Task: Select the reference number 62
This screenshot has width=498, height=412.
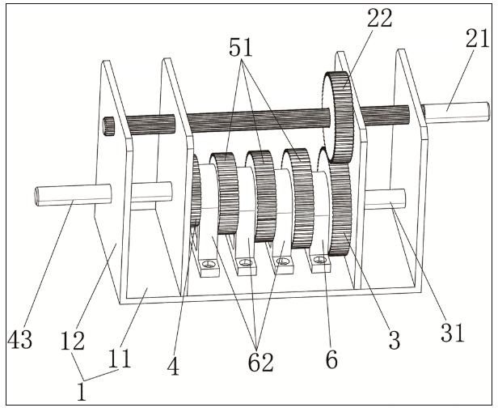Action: (259, 363)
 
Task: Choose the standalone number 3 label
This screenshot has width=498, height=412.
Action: (394, 341)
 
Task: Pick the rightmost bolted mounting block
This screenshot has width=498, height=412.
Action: (320, 261)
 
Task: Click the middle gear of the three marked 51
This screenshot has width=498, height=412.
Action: (261, 194)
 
